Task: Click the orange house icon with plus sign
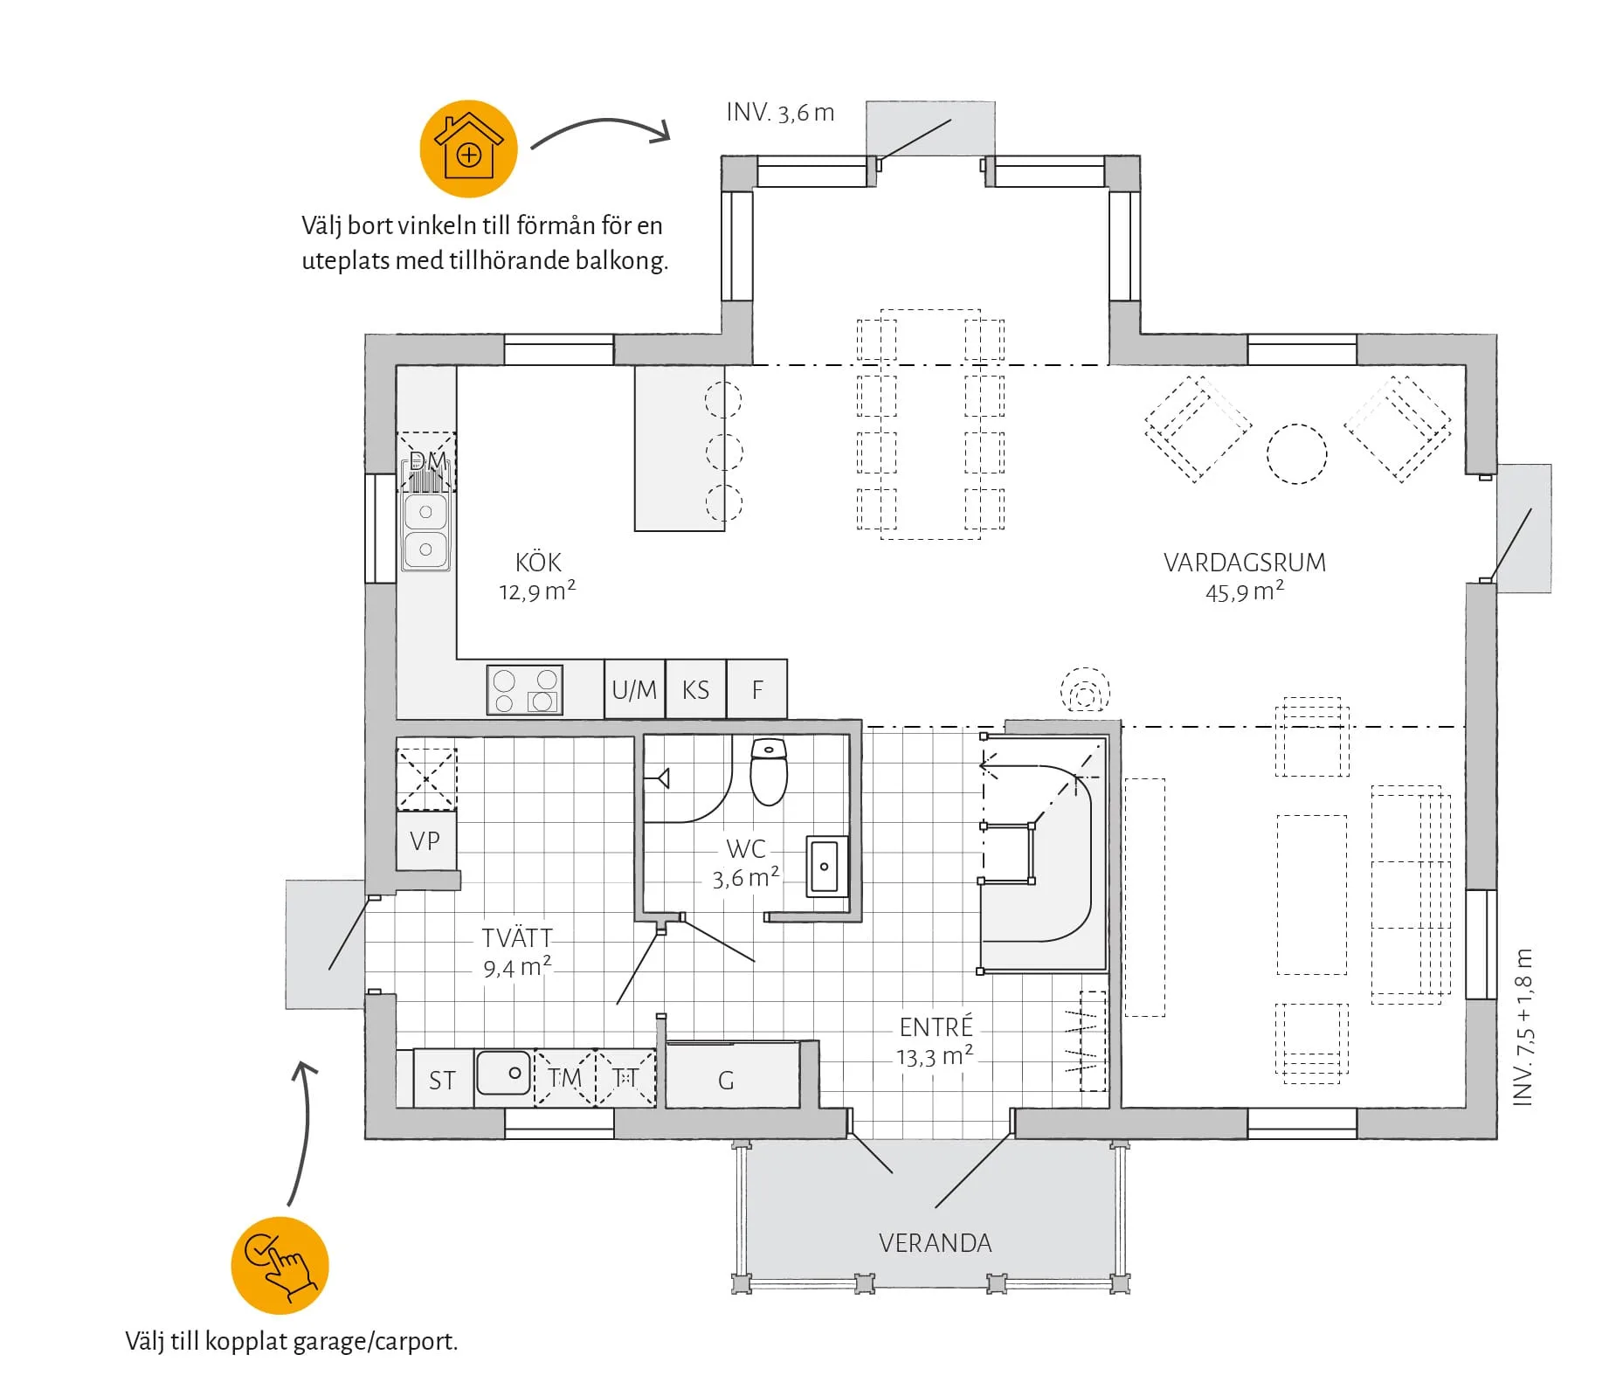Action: (x=468, y=149)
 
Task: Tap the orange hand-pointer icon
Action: (x=280, y=1264)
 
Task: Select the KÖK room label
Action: (x=538, y=562)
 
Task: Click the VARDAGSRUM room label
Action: (x=1244, y=563)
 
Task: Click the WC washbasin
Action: (x=825, y=866)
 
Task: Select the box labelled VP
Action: (x=425, y=840)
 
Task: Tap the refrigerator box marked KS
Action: (x=695, y=689)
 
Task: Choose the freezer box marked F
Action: (x=757, y=689)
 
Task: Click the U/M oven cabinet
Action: (x=634, y=689)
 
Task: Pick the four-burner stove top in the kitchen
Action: (x=525, y=690)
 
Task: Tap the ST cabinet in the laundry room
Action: (x=442, y=1080)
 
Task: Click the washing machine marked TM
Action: (x=564, y=1078)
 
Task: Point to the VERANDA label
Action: (x=935, y=1243)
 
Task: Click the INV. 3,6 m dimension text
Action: (x=780, y=113)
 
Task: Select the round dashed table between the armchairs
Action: (x=1296, y=454)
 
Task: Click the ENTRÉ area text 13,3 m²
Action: (x=935, y=1057)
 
